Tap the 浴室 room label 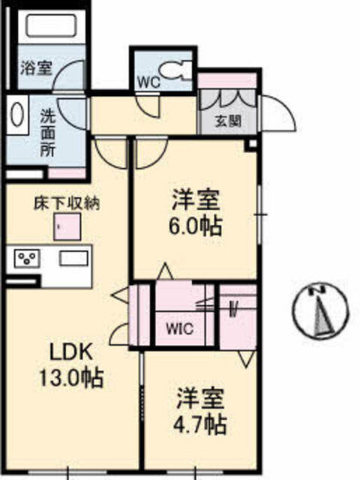[36, 68]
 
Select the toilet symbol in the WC [175, 70]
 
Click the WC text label [148, 82]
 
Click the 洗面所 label [48, 133]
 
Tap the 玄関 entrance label [228, 121]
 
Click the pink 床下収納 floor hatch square [67, 226]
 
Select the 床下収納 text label [67, 202]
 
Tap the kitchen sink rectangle [73, 259]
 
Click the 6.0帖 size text [196, 226]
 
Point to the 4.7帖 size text [200, 424]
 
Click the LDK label [71, 352]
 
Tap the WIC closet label [180, 329]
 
